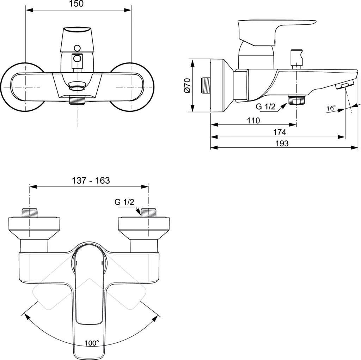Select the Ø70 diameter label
[x=187, y=86]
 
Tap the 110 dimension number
[x=253, y=121]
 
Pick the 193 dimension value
[x=282, y=144]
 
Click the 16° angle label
[x=331, y=109]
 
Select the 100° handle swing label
[x=92, y=342]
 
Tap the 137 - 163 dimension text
[x=91, y=181]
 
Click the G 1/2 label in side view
[x=265, y=107]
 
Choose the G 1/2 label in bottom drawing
[x=124, y=202]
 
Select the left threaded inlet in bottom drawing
[x=29, y=213]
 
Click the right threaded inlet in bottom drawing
[x=148, y=213]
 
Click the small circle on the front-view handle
[x=77, y=48]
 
